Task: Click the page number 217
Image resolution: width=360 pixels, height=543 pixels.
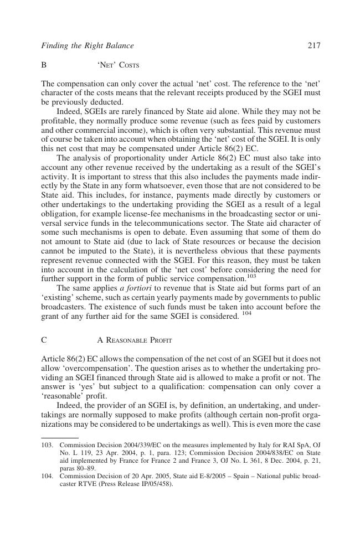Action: (x=313, y=46)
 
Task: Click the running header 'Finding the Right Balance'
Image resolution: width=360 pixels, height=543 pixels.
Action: (x=88, y=46)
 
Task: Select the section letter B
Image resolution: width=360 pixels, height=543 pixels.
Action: (x=44, y=65)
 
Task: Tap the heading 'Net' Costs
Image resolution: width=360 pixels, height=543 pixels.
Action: (x=118, y=65)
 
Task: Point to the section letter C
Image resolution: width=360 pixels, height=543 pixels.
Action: (x=44, y=340)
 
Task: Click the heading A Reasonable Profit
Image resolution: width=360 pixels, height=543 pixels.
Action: (x=135, y=340)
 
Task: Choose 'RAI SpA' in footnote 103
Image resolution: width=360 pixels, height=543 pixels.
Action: (x=288, y=444)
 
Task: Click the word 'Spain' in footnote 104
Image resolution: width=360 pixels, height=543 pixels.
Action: (x=217, y=475)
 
